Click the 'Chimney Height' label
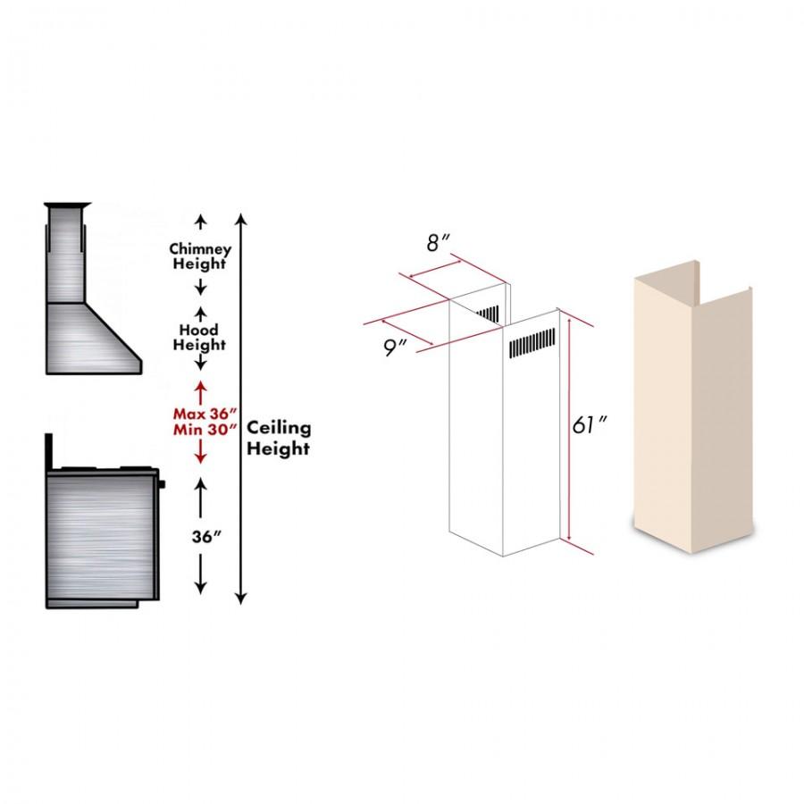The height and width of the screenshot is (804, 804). pyautogui.click(x=200, y=256)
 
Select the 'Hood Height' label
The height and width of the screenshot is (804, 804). pyautogui.click(x=199, y=338)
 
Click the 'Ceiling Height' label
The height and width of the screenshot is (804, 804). pyautogui.click(x=279, y=438)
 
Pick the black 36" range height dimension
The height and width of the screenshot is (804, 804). pyautogui.click(x=206, y=537)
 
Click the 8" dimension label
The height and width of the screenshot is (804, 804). pyautogui.click(x=439, y=242)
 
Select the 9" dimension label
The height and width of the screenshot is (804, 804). pyautogui.click(x=395, y=348)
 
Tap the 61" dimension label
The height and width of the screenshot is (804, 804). pyautogui.click(x=590, y=424)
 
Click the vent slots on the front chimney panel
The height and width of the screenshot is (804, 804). pyautogui.click(x=532, y=342)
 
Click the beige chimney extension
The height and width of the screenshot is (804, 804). pyautogui.click(x=693, y=407)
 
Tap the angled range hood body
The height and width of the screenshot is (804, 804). pyautogui.click(x=92, y=339)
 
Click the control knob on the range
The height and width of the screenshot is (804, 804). pyautogui.click(x=162, y=483)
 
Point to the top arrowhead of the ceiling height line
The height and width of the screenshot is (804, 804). pyautogui.click(x=241, y=219)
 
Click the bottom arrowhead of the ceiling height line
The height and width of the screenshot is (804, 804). pyautogui.click(x=241, y=598)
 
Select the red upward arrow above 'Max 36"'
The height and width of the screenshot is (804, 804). pyautogui.click(x=200, y=392)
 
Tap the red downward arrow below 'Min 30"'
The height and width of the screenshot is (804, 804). pyautogui.click(x=200, y=451)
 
